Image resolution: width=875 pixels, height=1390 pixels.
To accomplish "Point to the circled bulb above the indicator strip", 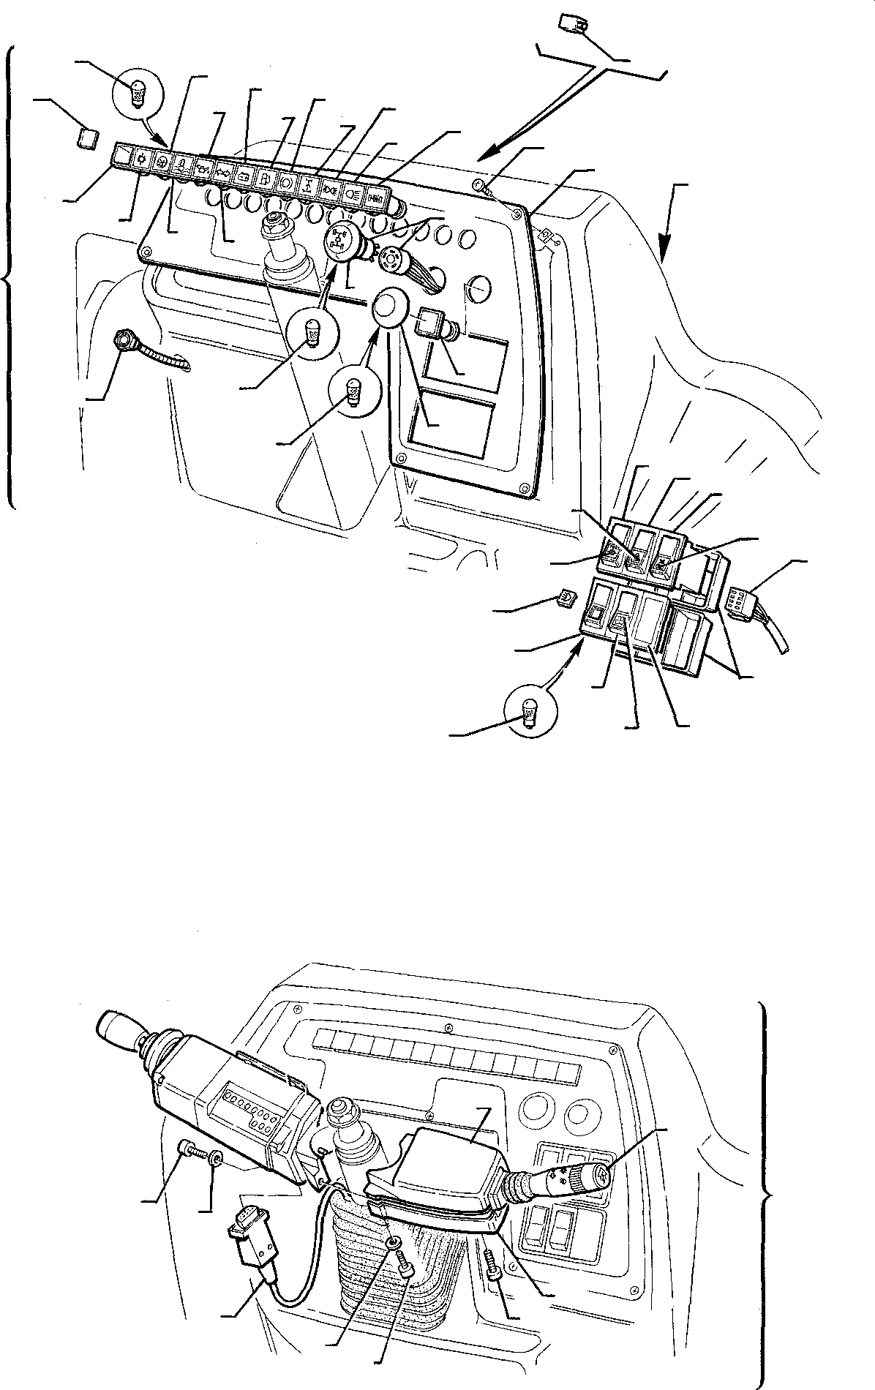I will (x=136, y=93).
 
